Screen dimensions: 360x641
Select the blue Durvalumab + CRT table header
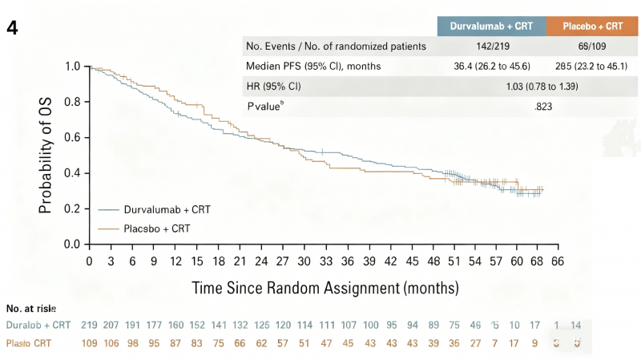click(491, 26)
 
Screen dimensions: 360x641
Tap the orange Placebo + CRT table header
click(593, 26)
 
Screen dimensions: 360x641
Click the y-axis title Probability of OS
click(47, 155)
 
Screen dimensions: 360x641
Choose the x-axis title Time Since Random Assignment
click(325, 287)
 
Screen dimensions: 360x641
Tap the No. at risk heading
click(31, 309)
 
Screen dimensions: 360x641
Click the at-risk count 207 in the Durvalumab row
click(111, 326)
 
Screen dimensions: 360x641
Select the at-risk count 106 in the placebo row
click(111, 344)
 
